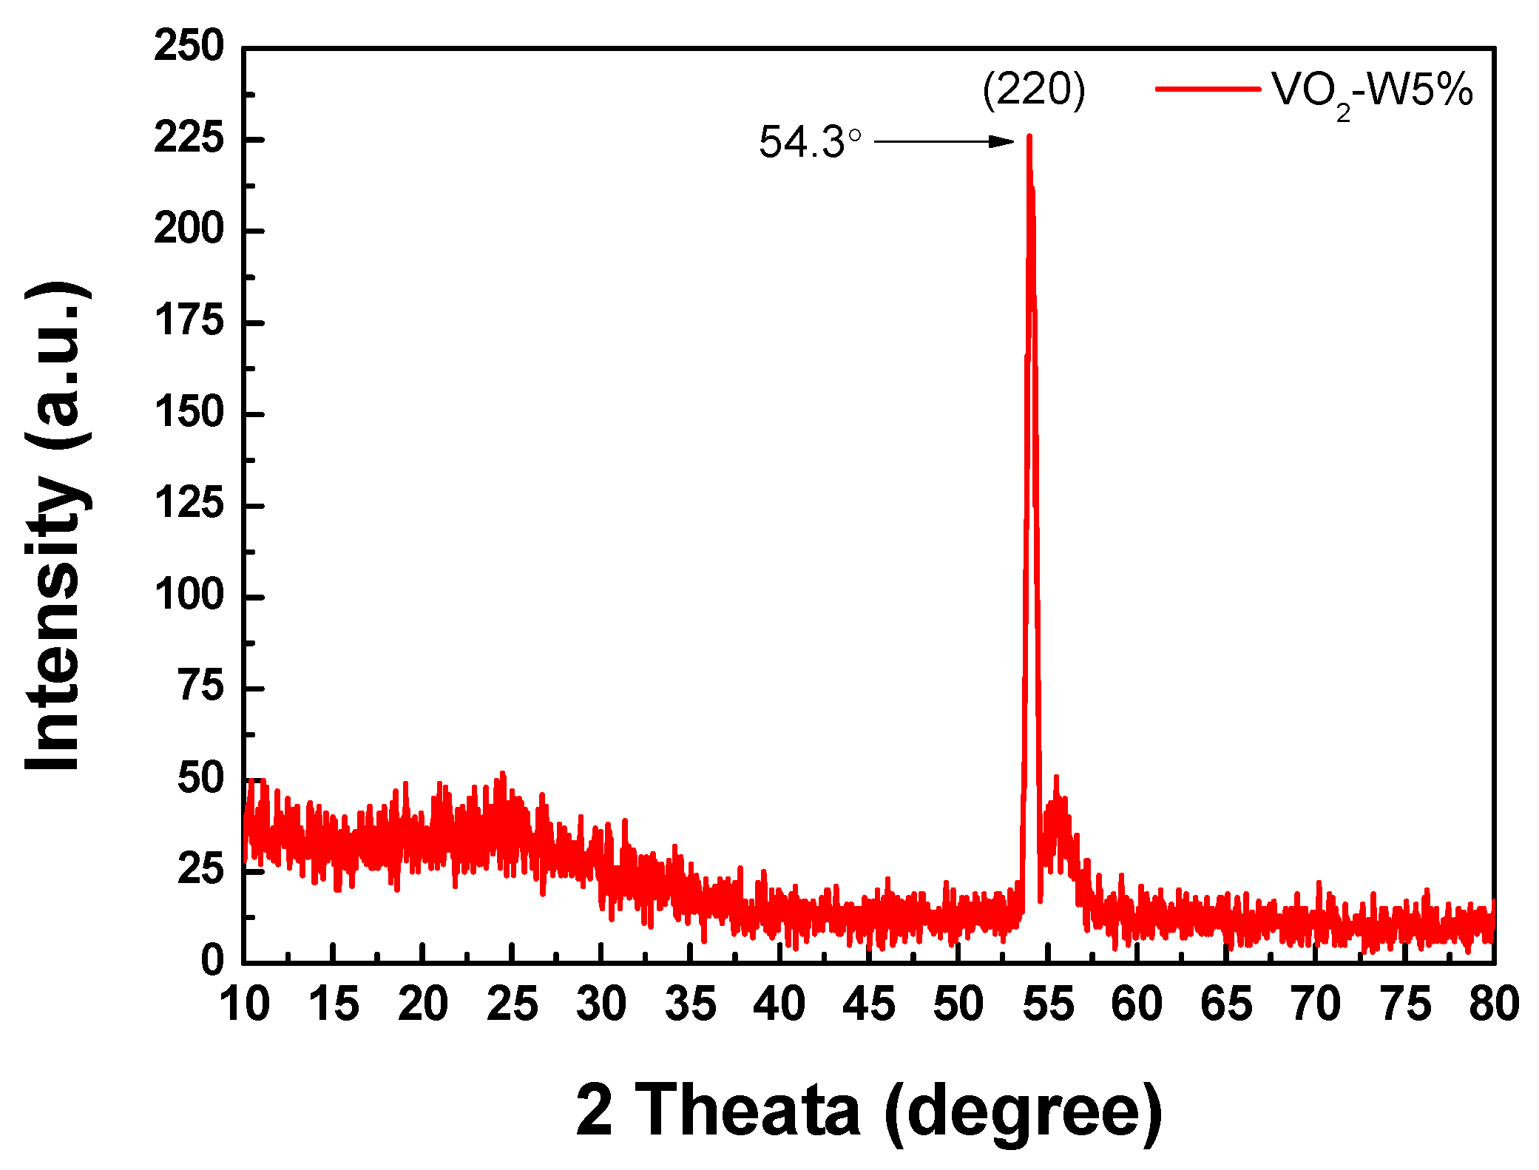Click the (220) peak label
pos(1033,90)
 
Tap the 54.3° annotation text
pos(810,142)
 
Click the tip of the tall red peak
pos(1029,137)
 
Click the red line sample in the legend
pos(1208,89)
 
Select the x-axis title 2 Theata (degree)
pos(868,1109)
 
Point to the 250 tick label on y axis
pos(189,47)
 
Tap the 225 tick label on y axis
pos(189,138)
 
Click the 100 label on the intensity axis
pos(189,595)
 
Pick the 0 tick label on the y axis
pos(212,960)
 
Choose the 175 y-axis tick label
pos(189,322)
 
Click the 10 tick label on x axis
pos(245,1004)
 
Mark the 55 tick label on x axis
pos(1047,1004)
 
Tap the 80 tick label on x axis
pos(1494,1004)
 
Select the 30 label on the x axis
pos(601,1004)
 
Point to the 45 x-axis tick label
pos(869,1004)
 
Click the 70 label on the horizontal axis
pos(1316,1004)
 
